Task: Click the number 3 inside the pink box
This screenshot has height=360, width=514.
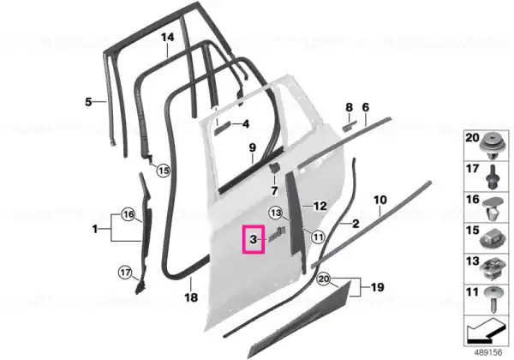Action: click(x=253, y=239)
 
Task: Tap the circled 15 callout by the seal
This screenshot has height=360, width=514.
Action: click(x=164, y=171)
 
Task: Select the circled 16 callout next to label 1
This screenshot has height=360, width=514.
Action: click(x=128, y=214)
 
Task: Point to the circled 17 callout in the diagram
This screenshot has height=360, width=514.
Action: click(x=125, y=273)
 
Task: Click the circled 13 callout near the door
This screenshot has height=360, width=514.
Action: click(x=276, y=213)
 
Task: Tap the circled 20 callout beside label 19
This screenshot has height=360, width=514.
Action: click(x=324, y=279)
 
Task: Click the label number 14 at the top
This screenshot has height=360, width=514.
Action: click(x=167, y=37)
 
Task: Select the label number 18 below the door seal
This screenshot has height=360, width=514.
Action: click(x=191, y=297)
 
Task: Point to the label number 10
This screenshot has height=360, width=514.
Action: click(x=380, y=200)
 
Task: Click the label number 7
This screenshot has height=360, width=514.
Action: click(x=274, y=190)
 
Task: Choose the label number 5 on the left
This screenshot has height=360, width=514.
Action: click(x=88, y=102)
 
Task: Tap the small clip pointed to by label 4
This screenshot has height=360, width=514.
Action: click(x=223, y=127)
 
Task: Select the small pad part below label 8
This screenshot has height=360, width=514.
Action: click(x=350, y=126)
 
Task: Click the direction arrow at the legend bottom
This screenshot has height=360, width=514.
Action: click(x=485, y=332)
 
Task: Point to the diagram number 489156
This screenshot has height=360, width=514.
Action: click(x=488, y=352)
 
